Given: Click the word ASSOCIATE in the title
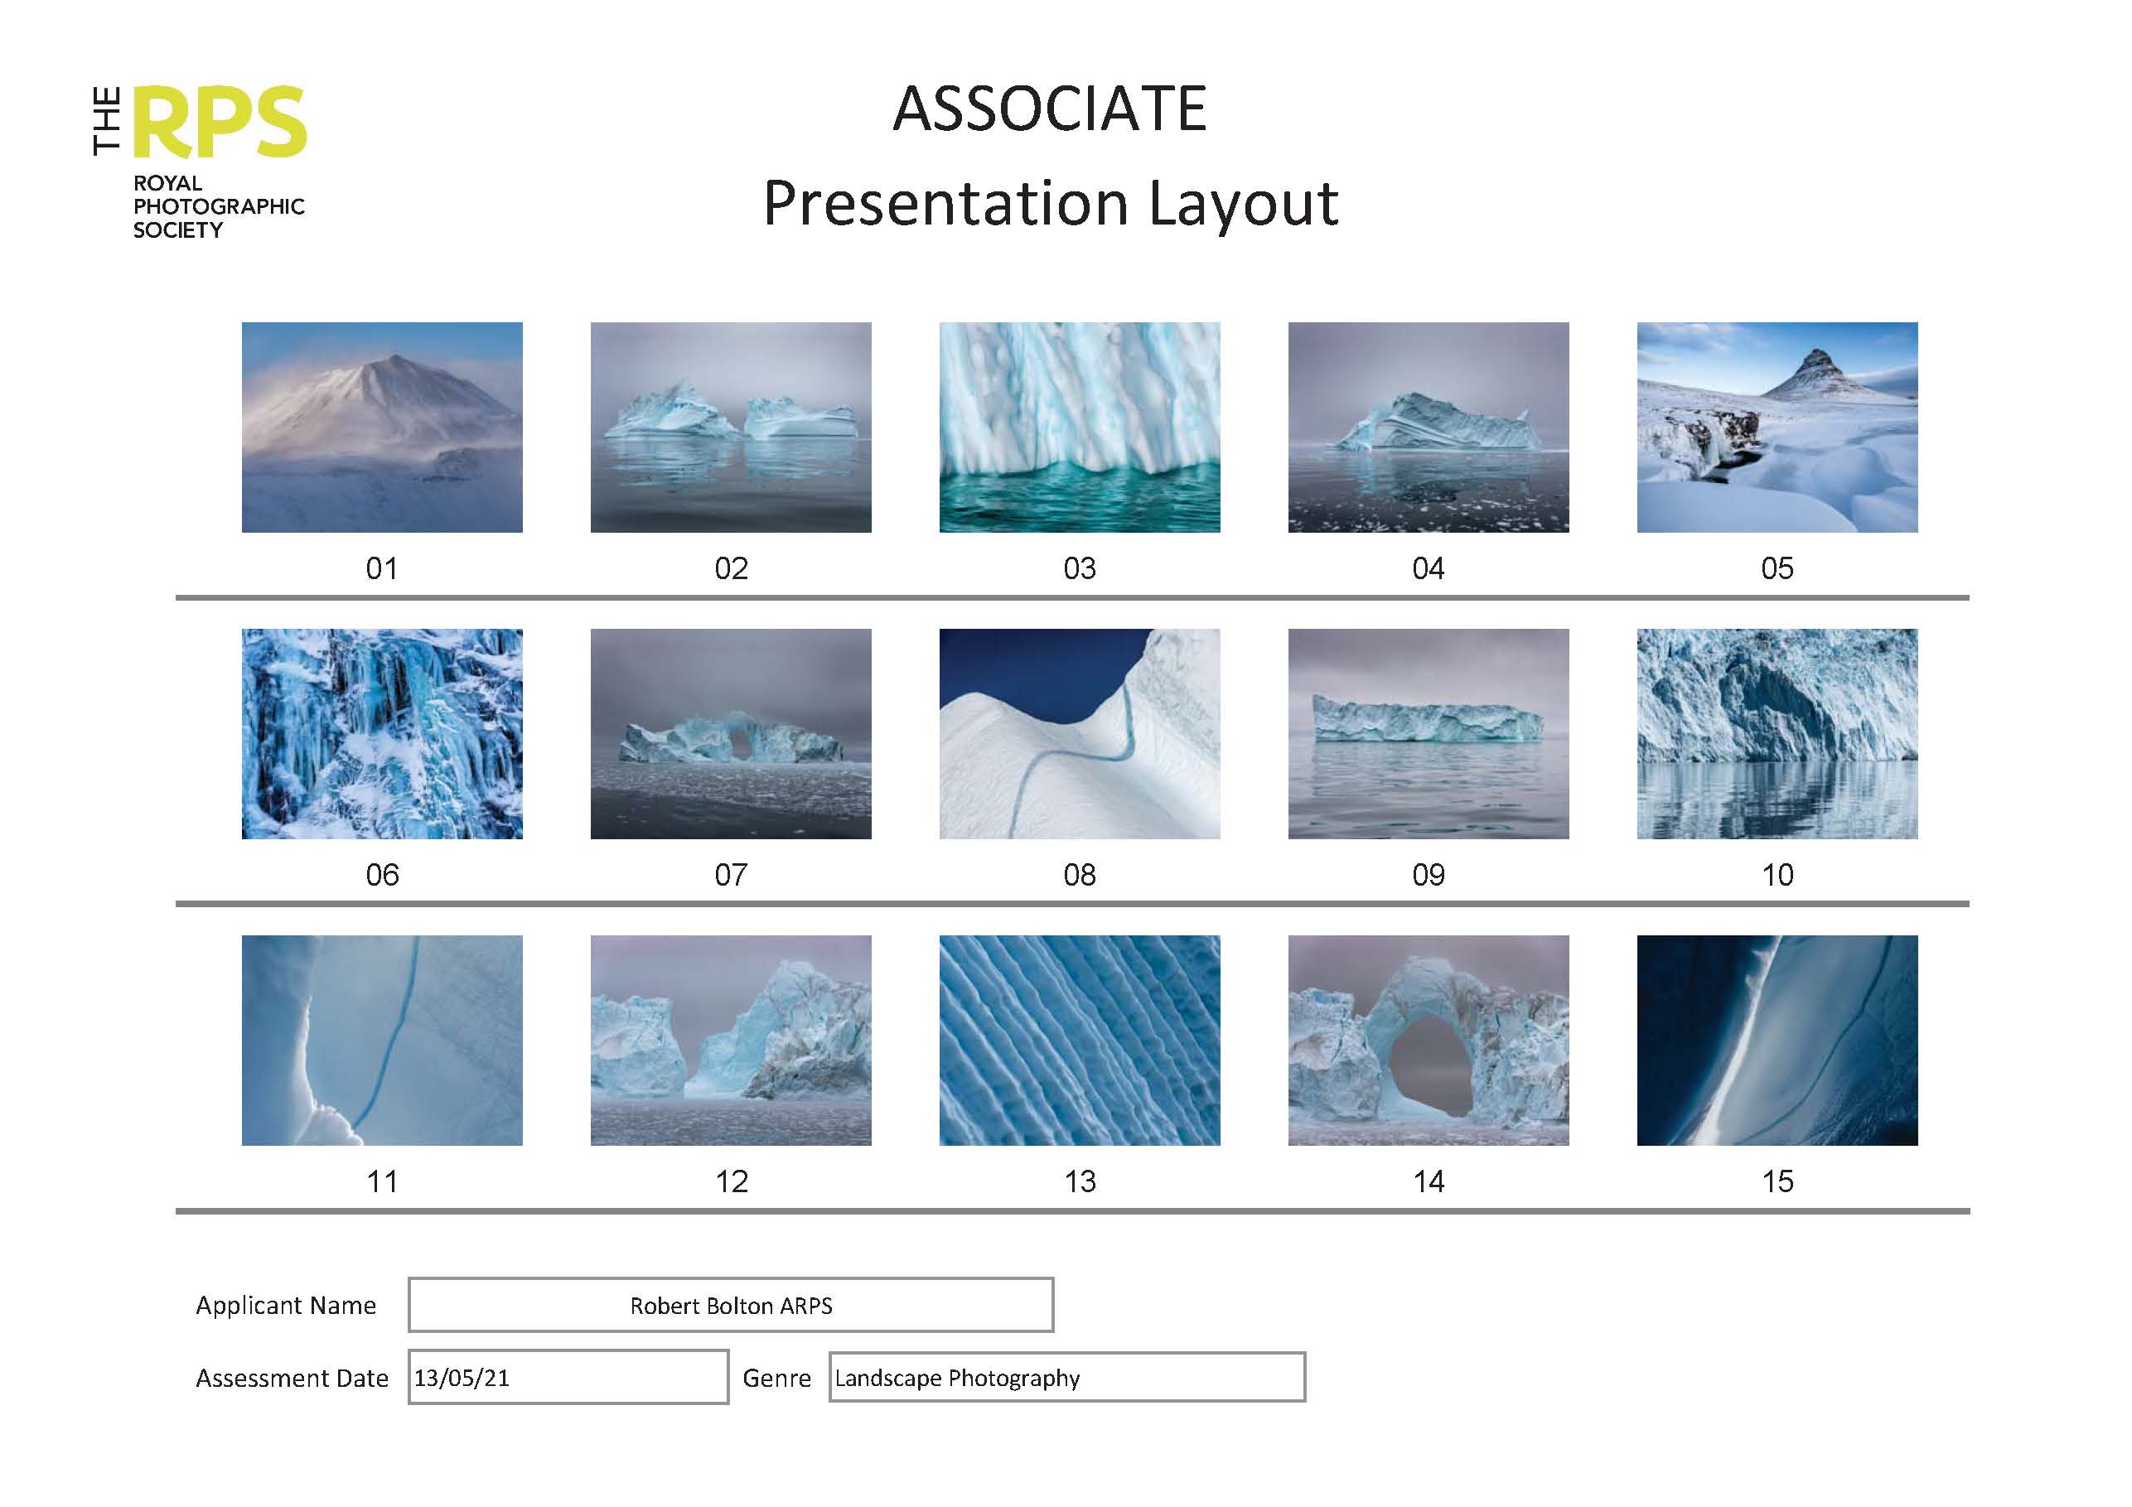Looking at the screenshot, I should pyautogui.click(x=1049, y=109).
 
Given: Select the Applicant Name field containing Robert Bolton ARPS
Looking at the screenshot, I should pyautogui.click(x=731, y=1306).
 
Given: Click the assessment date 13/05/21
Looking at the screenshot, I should pyautogui.click(x=462, y=1378).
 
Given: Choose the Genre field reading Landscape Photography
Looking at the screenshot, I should pyautogui.click(x=1066, y=1378).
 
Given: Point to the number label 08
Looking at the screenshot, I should pyautogui.click(x=1079, y=875).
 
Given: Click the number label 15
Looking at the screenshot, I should pyautogui.click(x=1777, y=1181).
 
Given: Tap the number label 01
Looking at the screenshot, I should pyautogui.click(x=382, y=568).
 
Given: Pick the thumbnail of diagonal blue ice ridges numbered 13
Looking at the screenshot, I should pyautogui.click(x=1079, y=1040).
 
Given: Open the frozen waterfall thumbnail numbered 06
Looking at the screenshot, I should pyautogui.click(x=382, y=733).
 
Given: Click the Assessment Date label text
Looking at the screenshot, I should pyautogui.click(x=292, y=1378).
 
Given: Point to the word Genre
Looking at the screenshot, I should pyautogui.click(x=776, y=1378).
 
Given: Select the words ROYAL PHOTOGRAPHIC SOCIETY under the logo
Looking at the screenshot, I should pyautogui.click(x=218, y=206).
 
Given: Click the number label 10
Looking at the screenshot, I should pyautogui.click(x=1777, y=875).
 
